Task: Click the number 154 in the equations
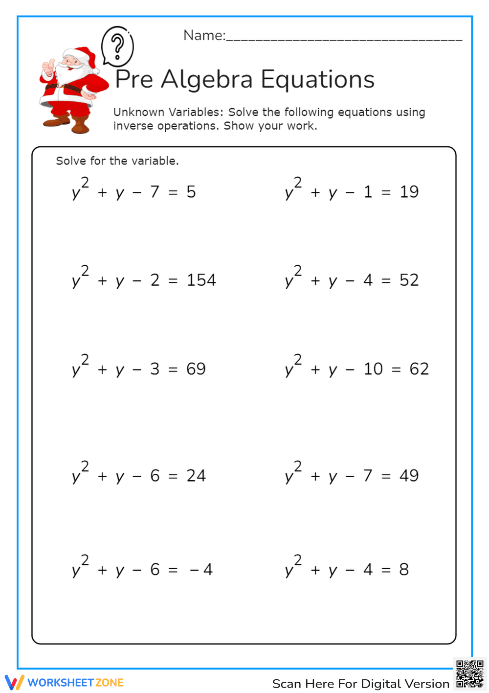point(201,280)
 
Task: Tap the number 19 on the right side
point(409,192)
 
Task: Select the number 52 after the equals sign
point(409,280)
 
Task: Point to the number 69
point(196,369)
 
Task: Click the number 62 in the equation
point(419,369)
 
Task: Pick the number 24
point(196,476)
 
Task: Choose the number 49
point(409,476)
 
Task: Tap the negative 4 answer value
point(201,570)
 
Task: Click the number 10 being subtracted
point(373,369)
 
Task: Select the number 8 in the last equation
point(404,570)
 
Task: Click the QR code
point(469,674)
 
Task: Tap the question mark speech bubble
point(117,46)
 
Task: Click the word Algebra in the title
point(207,79)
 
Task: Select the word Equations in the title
point(317,79)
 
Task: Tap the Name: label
point(204,35)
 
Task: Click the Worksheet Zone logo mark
point(14,682)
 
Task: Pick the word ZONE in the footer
point(110,683)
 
